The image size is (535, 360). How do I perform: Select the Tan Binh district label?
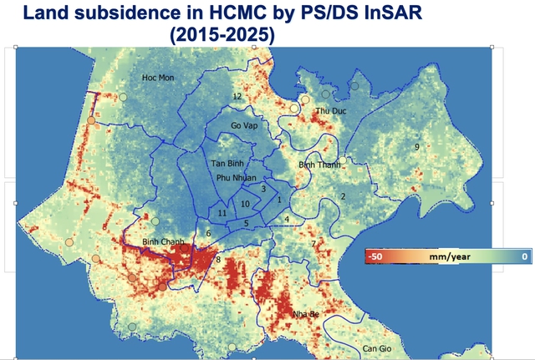(x=226, y=164)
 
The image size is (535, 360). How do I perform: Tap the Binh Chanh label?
(x=162, y=241)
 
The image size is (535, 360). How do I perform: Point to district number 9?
(x=415, y=147)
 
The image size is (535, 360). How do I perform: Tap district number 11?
(x=222, y=214)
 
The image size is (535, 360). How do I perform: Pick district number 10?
(x=245, y=204)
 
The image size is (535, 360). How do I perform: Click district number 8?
(x=218, y=261)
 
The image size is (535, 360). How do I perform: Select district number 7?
(x=313, y=244)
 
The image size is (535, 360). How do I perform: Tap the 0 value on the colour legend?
(x=523, y=257)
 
